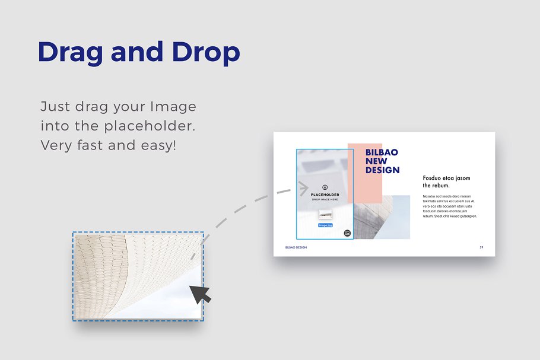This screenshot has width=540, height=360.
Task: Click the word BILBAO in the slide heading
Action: tap(382, 152)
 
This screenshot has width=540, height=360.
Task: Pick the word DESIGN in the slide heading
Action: tap(382, 170)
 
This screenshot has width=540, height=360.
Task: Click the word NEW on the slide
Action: tap(376, 161)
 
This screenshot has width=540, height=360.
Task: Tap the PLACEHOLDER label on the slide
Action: tap(325, 195)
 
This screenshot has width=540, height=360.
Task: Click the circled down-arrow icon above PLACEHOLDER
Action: tap(325, 187)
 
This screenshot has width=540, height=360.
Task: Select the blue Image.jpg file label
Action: tap(325, 225)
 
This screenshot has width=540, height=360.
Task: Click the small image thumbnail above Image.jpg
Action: tap(325, 215)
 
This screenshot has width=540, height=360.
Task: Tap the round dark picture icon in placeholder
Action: tap(347, 233)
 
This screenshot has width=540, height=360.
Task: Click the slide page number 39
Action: tap(481, 247)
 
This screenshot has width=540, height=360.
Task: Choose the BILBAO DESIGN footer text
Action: tap(296, 247)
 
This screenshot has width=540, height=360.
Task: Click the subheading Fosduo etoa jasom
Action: tap(446, 178)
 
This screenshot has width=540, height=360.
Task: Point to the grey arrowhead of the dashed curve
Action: tap(303, 190)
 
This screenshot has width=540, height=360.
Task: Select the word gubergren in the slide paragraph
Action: tap(466, 216)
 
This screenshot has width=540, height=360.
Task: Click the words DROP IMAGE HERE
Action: tap(325, 200)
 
